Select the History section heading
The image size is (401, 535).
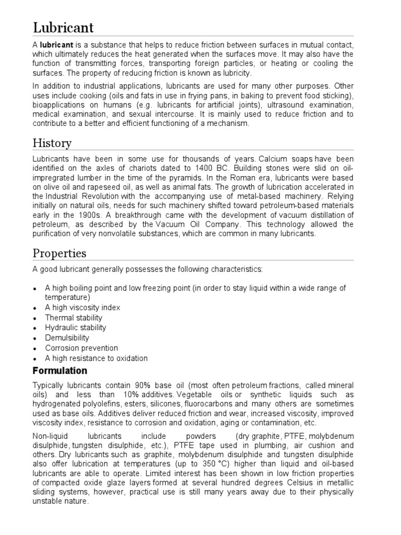[x=52, y=143]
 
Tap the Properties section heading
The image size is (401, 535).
[x=60, y=253]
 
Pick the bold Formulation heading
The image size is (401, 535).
[x=60, y=371]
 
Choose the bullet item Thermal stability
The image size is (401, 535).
[x=74, y=318]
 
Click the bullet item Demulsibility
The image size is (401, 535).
[x=67, y=338]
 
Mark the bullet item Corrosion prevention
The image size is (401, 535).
[x=81, y=348]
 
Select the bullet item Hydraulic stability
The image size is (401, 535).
[x=76, y=328]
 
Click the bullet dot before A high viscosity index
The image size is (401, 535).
[x=35, y=308]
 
